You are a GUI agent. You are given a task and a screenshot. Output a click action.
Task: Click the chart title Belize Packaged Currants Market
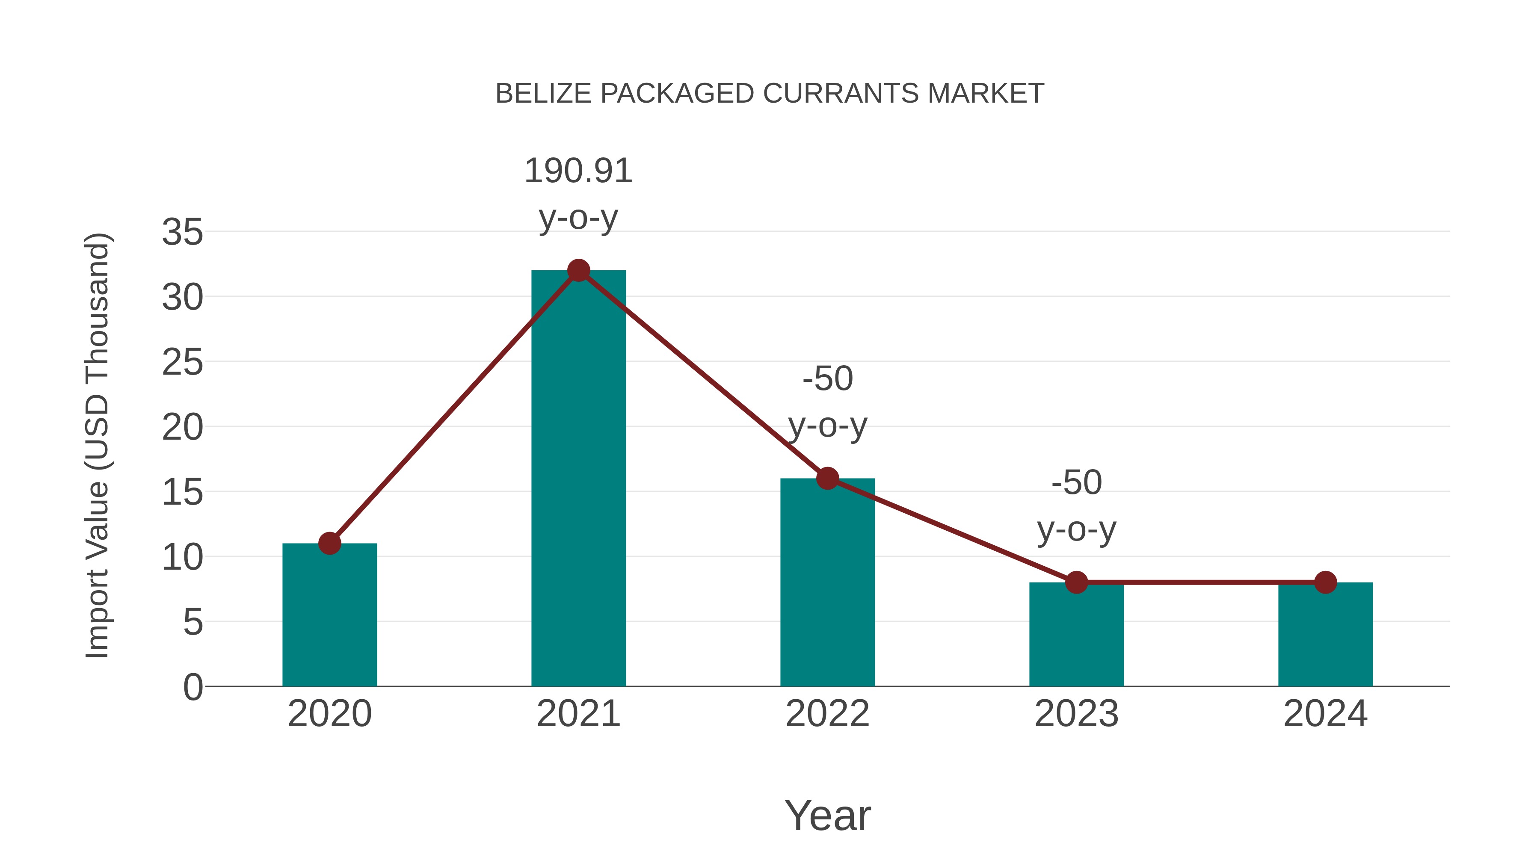pyautogui.click(x=770, y=94)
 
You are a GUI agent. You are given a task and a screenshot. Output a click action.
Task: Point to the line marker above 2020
pyautogui.click(x=329, y=543)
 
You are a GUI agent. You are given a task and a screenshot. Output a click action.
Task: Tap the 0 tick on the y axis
pyautogui.click(x=192, y=687)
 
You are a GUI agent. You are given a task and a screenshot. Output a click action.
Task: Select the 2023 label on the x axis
pyautogui.click(x=1076, y=714)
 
